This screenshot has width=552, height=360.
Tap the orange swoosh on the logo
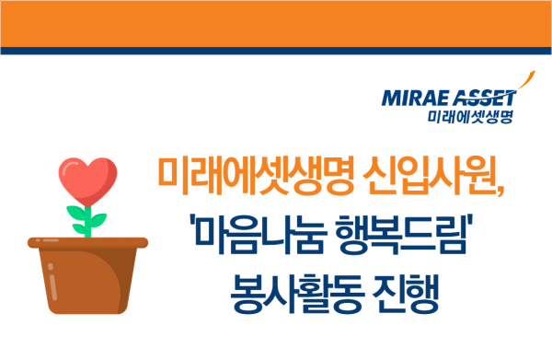point(524,82)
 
